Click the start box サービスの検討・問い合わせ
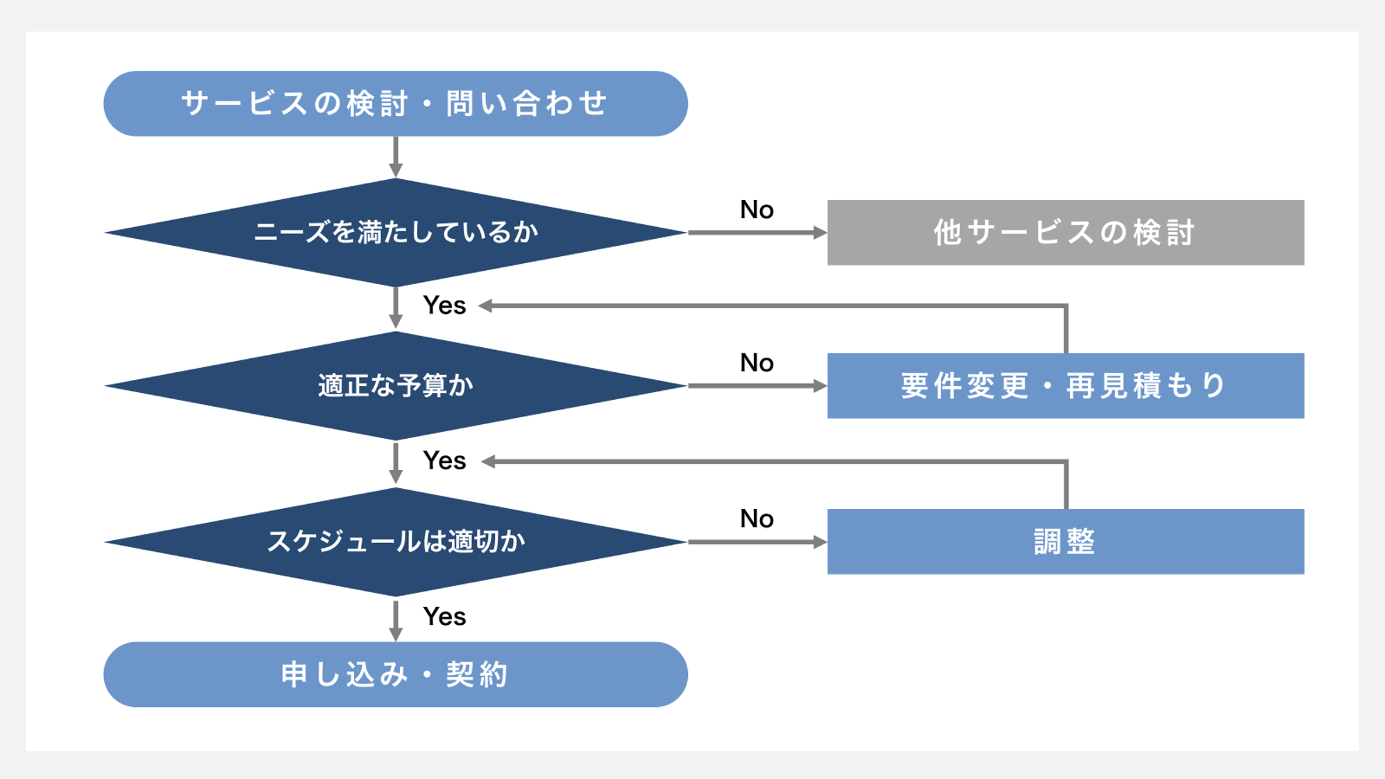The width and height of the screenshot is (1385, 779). click(395, 103)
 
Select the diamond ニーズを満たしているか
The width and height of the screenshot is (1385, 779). click(395, 232)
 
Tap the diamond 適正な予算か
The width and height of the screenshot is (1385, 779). click(395, 385)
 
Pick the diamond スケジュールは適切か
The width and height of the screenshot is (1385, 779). click(395, 542)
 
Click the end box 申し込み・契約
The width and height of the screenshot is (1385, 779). click(395, 674)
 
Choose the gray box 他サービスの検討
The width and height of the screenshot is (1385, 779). click(1065, 233)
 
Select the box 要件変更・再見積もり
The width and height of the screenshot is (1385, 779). click(1065, 385)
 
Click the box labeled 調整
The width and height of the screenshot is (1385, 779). click(1065, 542)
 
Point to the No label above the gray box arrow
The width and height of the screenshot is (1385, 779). click(757, 210)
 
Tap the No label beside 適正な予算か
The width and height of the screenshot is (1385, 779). click(757, 362)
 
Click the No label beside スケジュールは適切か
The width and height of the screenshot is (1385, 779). click(757, 519)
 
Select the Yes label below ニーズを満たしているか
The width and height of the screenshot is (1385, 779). click(444, 305)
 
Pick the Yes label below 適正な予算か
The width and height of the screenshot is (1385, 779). click(444, 461)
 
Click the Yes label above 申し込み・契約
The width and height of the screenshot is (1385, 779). click(444, 617)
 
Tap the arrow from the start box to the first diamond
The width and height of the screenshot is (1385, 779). click(396, 157)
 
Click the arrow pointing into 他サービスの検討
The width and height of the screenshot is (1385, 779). click(757, 233)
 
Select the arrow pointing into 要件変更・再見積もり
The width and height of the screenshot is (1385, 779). click(757, 386)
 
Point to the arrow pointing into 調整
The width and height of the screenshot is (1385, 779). click(757, 542)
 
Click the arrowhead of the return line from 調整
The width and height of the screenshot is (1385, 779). click(488, 462)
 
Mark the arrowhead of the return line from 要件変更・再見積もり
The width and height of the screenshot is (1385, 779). click(486, 305)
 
